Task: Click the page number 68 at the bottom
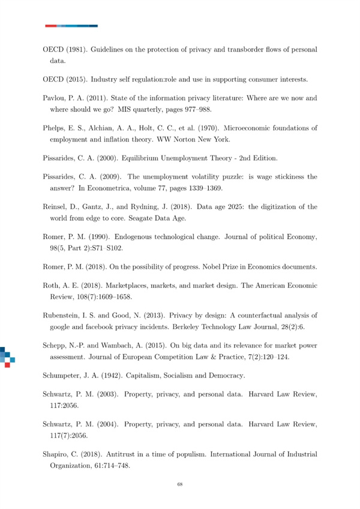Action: [180, 484]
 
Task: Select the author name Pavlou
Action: [56, 96]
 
